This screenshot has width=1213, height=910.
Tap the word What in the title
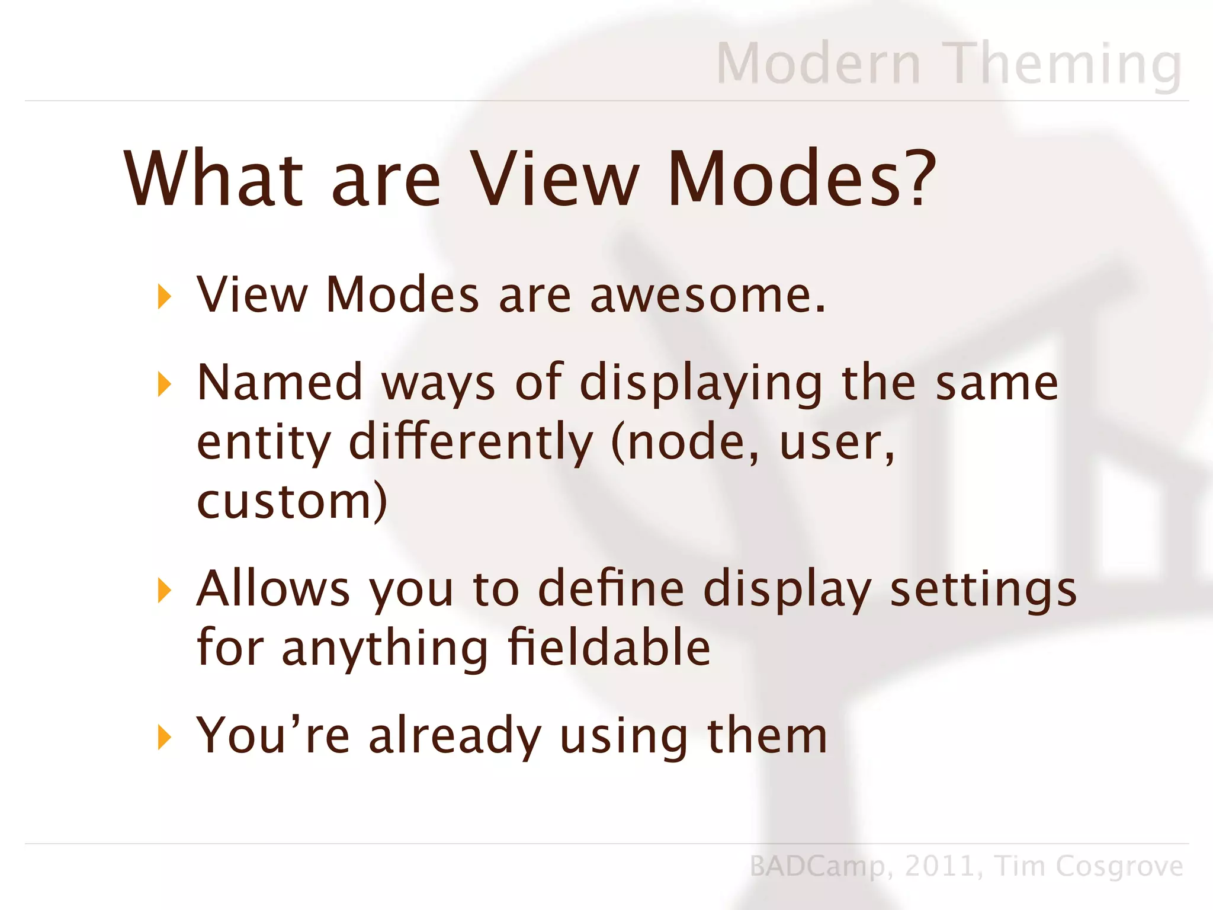pyautogui.click(x=213, y=178)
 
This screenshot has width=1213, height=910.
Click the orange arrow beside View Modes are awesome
pyautogui.click(x=164, y=296)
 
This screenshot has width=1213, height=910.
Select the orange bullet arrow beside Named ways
pyautogui.click(x=164, y=384)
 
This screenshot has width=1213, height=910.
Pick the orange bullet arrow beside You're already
pyautogui.click(x=164, y=738)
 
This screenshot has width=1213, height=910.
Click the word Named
pyautogui.click(x=280, y=382)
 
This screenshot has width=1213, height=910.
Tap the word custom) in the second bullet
pyautogui.click(x=292, y=501)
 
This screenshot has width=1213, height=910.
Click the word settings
pyautogui.click(x=983, y=589)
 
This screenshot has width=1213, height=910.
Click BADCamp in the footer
pyautogui.click(x=817, y=866)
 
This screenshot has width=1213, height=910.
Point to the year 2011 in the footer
pyautogui.click(x=939, y=866)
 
